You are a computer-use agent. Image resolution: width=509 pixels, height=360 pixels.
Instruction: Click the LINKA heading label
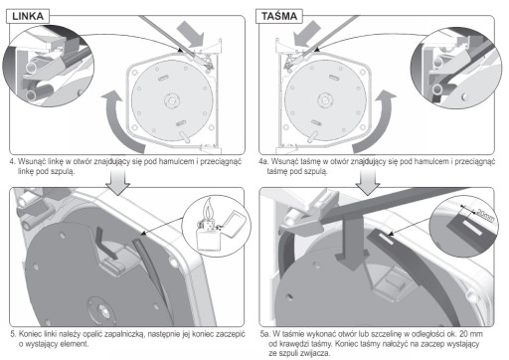pyautogui.click(x=28, y=16)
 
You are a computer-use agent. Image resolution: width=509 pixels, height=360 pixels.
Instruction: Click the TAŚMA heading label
pyautogui.click(x=279, y=16)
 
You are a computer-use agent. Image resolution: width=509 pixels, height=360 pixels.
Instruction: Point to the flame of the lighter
pyautogui.click(x=208, y=208)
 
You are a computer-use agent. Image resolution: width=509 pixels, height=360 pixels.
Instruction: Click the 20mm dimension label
pyautogui.click(x=485, y=215)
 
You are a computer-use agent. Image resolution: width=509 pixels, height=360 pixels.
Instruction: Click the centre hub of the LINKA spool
pyautogui.click(x=172, y=100)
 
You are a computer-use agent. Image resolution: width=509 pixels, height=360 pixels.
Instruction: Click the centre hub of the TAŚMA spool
pyautogui.click(x=325, y=100)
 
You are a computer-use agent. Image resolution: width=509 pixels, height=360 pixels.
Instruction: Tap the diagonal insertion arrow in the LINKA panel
pyautogui.click(x=192, y=34)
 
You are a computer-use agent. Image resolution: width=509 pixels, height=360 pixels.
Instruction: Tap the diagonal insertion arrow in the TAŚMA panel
pyautogui.click(x=305, y=34)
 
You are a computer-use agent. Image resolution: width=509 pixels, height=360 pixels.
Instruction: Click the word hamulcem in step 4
pyautogui.click(x=176, y=162)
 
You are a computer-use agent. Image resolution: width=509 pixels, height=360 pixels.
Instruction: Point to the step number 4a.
pyautogui.click(x=263, y=162)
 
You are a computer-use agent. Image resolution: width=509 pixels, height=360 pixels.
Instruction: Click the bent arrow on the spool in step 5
pyautogui.click(x=104, y=246)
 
